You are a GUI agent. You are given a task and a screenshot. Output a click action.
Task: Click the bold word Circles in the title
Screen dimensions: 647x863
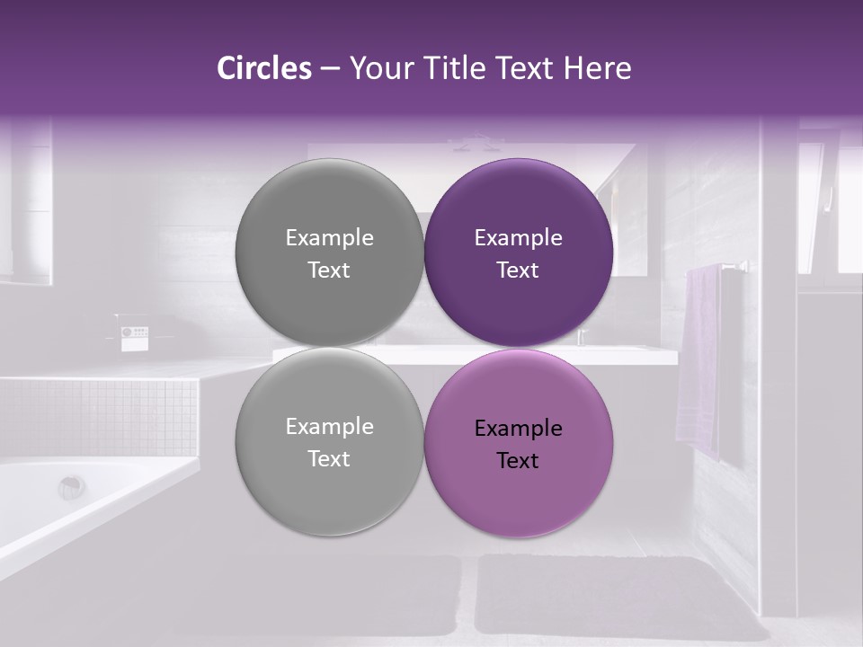coord(263,68)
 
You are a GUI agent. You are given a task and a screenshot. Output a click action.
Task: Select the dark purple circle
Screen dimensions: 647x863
coord(519,253)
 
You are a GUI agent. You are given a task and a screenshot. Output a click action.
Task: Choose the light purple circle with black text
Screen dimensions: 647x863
coord(519,443)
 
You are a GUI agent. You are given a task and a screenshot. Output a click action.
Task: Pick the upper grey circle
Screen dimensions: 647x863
coord(329,253)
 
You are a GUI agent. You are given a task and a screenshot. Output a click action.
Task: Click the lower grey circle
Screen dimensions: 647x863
coord(329,441)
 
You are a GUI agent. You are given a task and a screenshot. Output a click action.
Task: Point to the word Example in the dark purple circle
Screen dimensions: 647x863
coord(518,238)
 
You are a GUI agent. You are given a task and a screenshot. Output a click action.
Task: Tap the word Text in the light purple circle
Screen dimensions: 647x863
coord(518,461)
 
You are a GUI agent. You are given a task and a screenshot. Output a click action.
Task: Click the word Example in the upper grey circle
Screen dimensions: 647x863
coord(329,238)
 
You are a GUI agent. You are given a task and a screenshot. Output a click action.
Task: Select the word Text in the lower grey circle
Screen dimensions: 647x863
coord(329,459)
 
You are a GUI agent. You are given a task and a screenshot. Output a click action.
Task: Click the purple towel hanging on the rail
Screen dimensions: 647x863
coord(698,359)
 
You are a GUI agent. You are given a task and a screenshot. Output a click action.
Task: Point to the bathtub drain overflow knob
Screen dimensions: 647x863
coord(72,487)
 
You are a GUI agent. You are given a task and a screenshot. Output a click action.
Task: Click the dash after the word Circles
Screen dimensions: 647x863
coord(330,69)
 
